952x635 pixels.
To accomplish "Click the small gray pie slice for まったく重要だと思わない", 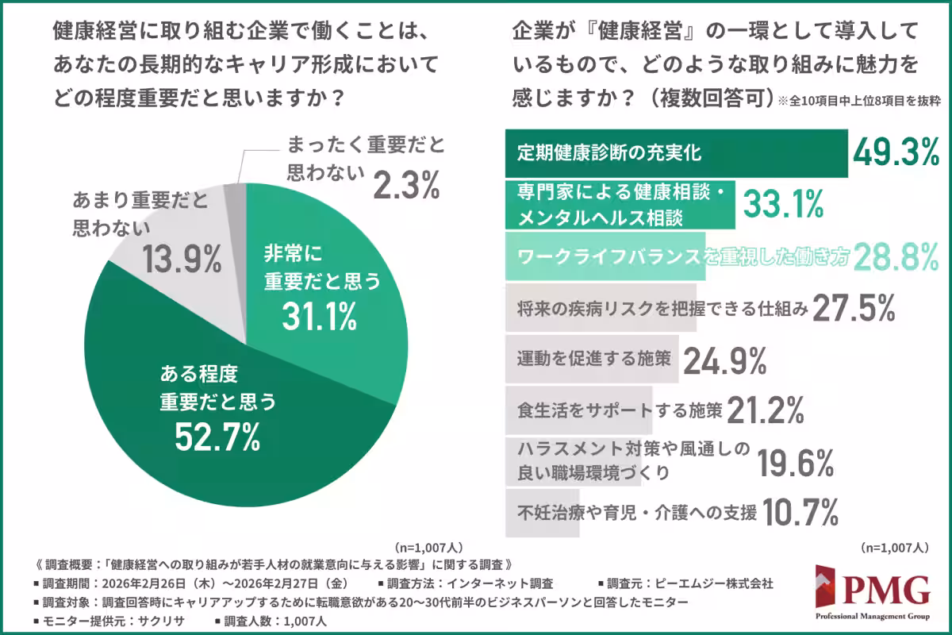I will [236, 195].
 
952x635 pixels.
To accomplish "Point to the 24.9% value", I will [724, 360].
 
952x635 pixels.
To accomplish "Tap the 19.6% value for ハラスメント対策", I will [795, 463].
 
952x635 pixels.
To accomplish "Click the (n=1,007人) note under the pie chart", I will [428, 548].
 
